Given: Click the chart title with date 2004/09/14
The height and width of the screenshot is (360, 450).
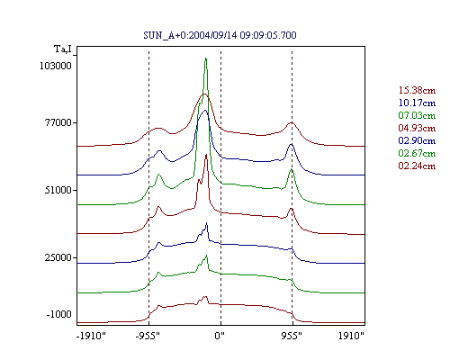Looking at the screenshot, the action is point(220,35).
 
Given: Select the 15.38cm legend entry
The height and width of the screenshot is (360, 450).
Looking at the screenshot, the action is point(417,90).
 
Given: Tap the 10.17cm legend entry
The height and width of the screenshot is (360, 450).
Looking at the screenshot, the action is point(417,103).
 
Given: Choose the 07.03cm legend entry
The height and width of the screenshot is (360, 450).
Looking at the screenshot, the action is point(417,115).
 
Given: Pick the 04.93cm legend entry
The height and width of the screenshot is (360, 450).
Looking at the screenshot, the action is point(417,128).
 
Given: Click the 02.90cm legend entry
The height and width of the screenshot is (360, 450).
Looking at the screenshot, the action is point(417,140).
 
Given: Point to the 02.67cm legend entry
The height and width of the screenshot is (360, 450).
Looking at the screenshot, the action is point(417,153).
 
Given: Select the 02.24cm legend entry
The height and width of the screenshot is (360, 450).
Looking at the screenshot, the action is point(417,166).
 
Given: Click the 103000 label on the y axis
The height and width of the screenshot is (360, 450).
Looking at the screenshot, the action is point(56,66).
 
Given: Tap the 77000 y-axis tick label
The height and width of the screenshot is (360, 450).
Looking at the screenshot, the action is point(58,122).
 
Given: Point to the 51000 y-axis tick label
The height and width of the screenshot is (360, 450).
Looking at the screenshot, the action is point(58,190).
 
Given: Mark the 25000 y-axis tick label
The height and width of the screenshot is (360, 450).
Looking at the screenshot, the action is point(58,257).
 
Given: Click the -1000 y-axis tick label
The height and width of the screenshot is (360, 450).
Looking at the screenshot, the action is point(58,314).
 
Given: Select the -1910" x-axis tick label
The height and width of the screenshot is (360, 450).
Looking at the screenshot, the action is point(91,336).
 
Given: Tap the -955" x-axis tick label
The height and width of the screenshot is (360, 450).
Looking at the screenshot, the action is point(148,336).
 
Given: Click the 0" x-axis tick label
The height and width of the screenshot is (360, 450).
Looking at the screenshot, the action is point(220,336).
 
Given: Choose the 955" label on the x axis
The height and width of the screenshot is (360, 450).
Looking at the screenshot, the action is point(292,336).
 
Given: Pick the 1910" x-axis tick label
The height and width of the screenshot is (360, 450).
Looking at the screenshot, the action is point(351,336).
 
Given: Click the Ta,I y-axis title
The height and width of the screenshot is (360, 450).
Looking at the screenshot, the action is point(63,49).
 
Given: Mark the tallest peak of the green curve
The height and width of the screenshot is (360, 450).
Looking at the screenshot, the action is point(206,58).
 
